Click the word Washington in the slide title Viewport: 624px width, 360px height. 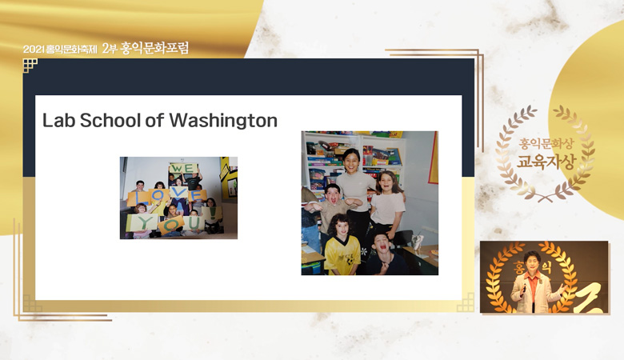223,121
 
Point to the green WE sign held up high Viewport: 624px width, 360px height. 183,168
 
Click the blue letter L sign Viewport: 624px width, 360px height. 137,198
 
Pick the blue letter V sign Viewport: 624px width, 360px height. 178,193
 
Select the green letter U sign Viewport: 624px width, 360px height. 194,223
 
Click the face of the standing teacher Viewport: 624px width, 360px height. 351,161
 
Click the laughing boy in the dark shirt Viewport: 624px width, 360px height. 383,254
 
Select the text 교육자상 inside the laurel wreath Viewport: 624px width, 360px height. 546,162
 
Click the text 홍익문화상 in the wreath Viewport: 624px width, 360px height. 546,144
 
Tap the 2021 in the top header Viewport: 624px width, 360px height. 34,50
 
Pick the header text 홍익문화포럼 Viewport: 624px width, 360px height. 154,48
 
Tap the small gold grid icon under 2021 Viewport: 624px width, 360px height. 30,65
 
